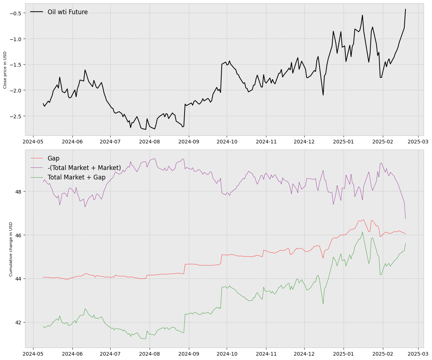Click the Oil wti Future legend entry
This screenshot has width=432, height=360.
(67, 12)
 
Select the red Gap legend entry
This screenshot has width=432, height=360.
(53, 158)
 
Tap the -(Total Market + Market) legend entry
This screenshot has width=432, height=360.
(84, 168)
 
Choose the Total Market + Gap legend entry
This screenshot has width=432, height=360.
(76, 177)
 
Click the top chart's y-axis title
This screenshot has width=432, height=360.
(5, 70)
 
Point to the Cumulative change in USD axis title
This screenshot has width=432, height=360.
(11, 249)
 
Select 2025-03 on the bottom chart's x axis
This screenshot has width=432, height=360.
(418, 354)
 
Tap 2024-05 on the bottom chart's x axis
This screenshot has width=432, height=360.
(33, 354)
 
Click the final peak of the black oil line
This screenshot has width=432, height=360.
(405, 9)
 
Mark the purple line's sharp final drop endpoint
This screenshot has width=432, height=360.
(405, 219)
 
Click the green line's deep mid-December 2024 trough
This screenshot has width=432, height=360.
(323, 304)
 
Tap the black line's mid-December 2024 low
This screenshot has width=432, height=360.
(323, 95)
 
